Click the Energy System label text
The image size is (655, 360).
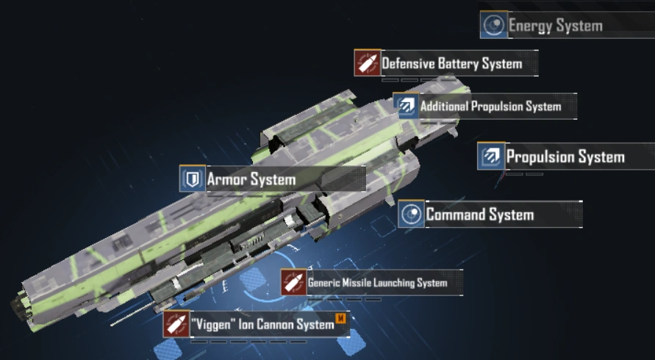555,26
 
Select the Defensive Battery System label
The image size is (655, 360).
451,63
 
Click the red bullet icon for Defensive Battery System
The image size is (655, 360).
366,63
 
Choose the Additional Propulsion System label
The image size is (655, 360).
490,107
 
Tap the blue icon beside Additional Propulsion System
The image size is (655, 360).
405,107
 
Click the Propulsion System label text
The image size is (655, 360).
565,156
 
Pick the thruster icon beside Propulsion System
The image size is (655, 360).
490,156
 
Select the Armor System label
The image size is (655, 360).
251,179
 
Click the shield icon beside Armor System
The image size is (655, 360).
192,179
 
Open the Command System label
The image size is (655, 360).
479,215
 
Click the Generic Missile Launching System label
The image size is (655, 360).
377,283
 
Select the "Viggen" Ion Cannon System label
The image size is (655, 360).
262,323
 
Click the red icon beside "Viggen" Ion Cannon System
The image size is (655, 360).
175,324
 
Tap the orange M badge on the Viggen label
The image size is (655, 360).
340,318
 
